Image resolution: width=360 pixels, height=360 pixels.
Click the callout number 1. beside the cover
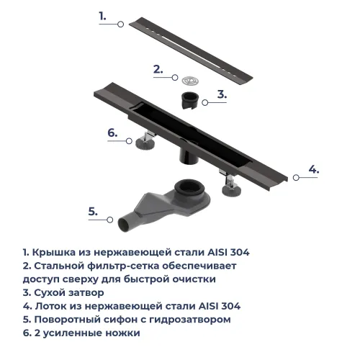click(x=102, y=15)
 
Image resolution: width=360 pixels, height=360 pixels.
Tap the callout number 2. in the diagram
click(x=158, y=69)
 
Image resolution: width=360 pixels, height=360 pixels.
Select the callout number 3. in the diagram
click(x=222, y=94)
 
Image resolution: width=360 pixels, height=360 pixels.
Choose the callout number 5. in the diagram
click(x=92, y=211)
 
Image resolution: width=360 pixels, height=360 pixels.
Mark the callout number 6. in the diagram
click(x=112, y=132)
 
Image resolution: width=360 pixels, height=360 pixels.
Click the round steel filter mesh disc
click(x=189, y=78)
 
